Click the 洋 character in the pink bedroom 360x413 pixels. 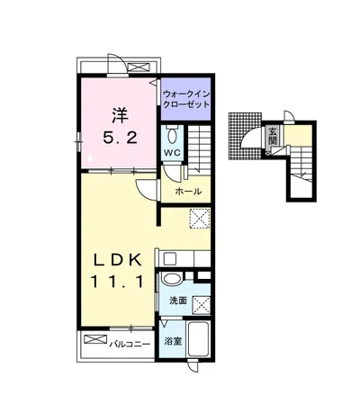121,115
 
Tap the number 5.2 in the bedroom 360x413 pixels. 121,138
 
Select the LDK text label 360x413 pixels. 118,259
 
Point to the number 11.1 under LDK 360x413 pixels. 117,282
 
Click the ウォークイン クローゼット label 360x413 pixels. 186,99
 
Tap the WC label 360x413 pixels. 172,152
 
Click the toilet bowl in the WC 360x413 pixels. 172,136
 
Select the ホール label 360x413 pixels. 188,191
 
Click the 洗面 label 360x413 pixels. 178,301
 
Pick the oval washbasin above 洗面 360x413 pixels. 172,278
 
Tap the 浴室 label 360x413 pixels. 173,341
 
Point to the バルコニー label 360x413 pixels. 129,344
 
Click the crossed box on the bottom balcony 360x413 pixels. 95,339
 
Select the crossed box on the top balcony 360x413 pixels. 139,67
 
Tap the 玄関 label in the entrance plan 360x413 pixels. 273,136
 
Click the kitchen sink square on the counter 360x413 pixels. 170,258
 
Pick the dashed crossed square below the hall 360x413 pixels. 200,218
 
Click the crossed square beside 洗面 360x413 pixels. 202,305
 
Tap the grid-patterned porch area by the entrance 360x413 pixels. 245,136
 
